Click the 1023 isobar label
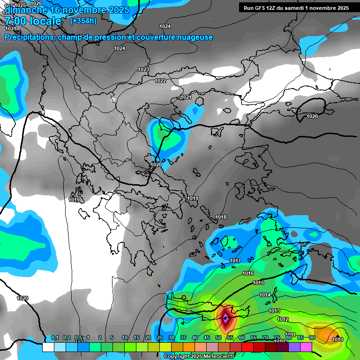point(143,69)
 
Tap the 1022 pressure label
point(160,81)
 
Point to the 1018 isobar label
point(221,217)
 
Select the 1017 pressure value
point(235,261)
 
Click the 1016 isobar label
point(248,273)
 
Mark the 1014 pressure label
point(265,295)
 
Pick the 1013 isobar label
point(274,311)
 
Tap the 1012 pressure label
point(283,319)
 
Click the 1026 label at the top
point(36,3)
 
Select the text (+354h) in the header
point(83,21)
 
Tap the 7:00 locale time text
point(33,21)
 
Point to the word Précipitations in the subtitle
point(28,37)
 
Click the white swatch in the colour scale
point(48,347)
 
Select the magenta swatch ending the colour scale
point(306,347)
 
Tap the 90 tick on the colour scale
point(312,337)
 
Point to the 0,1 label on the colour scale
point(54,337)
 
